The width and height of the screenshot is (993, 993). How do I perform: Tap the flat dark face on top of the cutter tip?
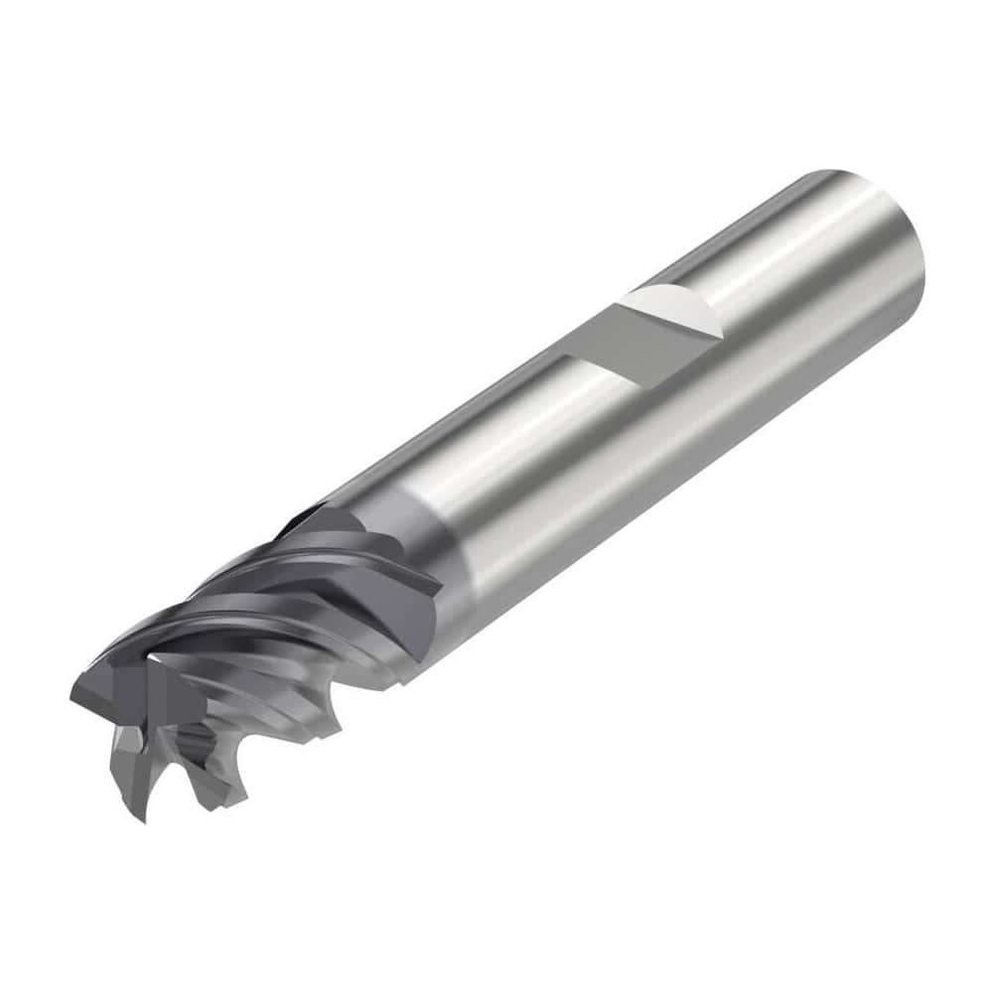[x=109, y=685]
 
